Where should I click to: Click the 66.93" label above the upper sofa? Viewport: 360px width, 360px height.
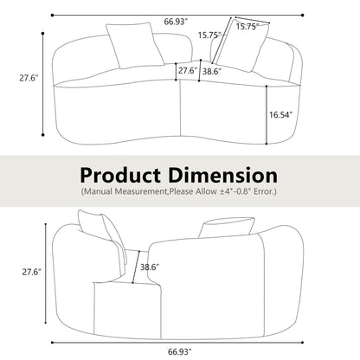point(176,22)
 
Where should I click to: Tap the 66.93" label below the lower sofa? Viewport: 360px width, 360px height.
point(180,351)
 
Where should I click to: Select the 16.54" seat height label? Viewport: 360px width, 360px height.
point(281,115)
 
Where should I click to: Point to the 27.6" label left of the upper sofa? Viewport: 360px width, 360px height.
point(29,78)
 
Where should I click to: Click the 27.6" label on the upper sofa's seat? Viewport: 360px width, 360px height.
point(188,71)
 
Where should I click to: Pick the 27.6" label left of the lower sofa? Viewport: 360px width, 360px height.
point(32,272)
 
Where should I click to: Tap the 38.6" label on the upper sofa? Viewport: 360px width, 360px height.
point(212,71)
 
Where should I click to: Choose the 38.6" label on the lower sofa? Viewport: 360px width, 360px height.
point(150,267)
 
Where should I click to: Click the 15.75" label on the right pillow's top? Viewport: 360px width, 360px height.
point(247,27)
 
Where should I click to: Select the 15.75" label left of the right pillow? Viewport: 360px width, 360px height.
point(209,35)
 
